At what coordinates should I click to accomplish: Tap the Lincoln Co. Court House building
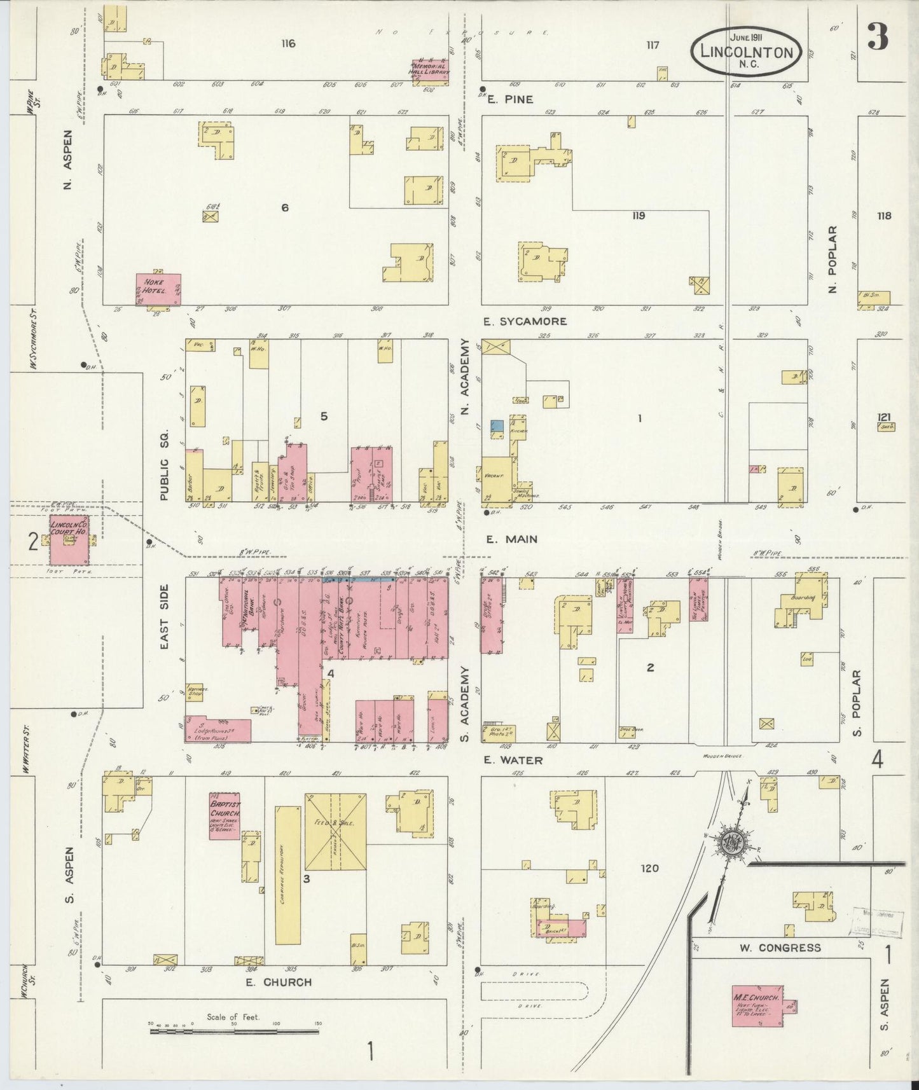pos(70,539)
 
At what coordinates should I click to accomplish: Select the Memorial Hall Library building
pos(431,72)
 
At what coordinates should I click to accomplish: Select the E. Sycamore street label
pos(525,322)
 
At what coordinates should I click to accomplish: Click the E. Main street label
pos(512,539)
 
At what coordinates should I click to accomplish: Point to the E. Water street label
pos(514,760)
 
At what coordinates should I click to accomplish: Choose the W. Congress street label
pos(780,948)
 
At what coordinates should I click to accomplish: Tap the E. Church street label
pos(279,983)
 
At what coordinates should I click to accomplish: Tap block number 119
pos(639,216)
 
